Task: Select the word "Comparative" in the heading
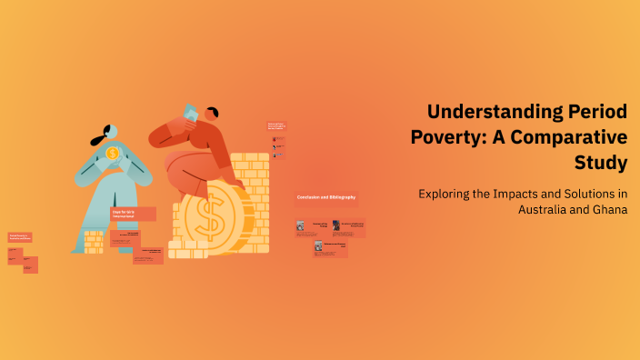pos(575,138)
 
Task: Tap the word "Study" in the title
pos(601,164)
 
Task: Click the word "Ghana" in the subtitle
pos(608,210)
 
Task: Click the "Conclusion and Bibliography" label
pos(325,197)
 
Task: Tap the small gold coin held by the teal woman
pos(112,154)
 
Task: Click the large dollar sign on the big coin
pos(211,218)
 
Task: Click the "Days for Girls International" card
pos(133,214)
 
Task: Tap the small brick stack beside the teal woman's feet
pos(94,241)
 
